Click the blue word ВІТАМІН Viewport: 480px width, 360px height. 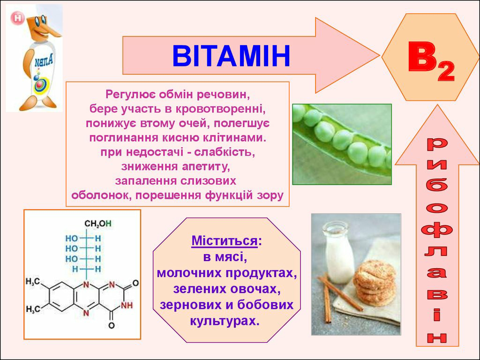point(231,56)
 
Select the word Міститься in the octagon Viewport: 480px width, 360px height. point(225,240)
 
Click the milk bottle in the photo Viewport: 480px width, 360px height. point(338,252)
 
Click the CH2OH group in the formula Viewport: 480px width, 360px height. point(97,224)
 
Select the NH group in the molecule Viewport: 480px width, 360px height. point(127,305)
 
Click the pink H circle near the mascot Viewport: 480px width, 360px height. point(17,18)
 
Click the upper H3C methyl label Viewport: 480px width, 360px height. point(33,281)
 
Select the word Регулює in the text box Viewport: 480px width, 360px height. point(130,95)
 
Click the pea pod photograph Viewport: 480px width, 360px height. point(342,144)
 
